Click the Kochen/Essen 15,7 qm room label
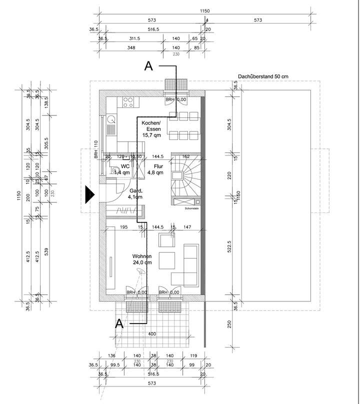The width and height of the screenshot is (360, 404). [151, 129]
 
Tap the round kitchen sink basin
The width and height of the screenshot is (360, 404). [111, 119]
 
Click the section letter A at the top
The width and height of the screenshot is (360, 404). [148, 65]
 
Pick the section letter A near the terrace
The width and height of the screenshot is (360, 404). [119, 323]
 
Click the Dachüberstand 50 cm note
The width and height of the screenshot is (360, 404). [263, 76]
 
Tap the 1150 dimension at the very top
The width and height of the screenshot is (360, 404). [204, 10]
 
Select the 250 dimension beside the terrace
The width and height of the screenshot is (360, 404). [229, 322]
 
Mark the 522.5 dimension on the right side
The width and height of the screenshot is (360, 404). [229, 248]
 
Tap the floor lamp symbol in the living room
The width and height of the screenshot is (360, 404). [140, 271]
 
